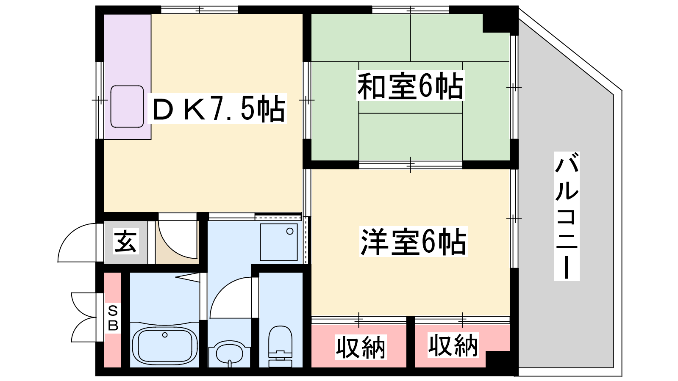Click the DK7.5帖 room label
click(x=218, y=108)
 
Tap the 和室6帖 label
click(x=411, y=86)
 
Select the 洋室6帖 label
click(x=413, y=241)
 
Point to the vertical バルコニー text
click(x=567, y=216)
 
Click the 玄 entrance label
click(x=126, y=241)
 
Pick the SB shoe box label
click(x=113, y=318)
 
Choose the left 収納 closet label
click(x=361, y=347)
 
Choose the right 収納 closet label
click(x=453, y=345)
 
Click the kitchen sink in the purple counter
click(x=127, y=106)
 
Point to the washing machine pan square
click(x=279, y=242)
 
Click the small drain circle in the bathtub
click(x=165, y=335)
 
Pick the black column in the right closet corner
click(x=498, y=359)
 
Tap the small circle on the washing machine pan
click(x=290, y=231)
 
